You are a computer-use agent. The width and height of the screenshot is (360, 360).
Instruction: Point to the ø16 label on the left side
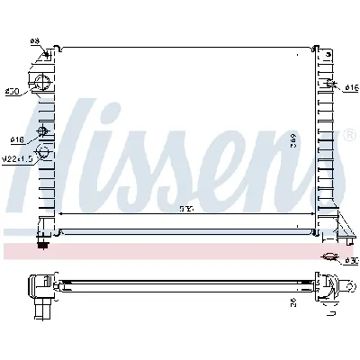[x=16, y=139]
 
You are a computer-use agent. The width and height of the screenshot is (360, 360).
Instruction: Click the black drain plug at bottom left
[x=40, y=242]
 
